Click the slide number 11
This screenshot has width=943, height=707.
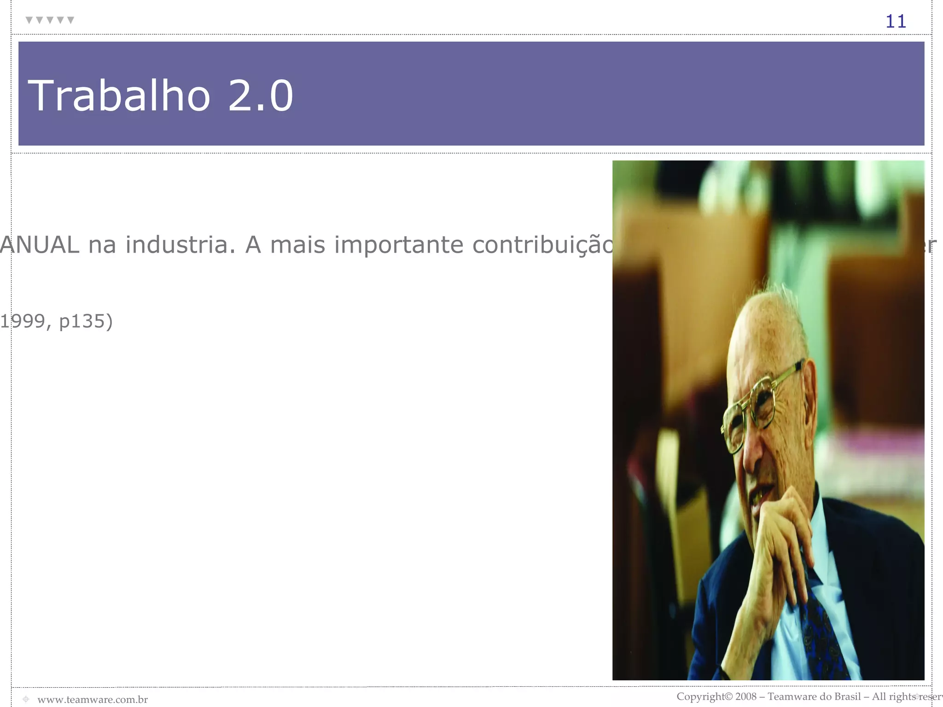896,22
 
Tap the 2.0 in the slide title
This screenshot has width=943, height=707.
261,96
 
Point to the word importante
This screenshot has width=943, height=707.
399,244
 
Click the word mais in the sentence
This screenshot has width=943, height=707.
297,244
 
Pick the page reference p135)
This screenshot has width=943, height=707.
86,321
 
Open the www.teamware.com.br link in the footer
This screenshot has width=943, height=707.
93,700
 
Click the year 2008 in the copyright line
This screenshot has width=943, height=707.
746,696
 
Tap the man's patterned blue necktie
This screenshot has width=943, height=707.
824,635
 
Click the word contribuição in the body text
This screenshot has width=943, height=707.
543,244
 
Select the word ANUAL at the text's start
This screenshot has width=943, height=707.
40,244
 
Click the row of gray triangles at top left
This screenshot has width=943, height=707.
50,20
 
